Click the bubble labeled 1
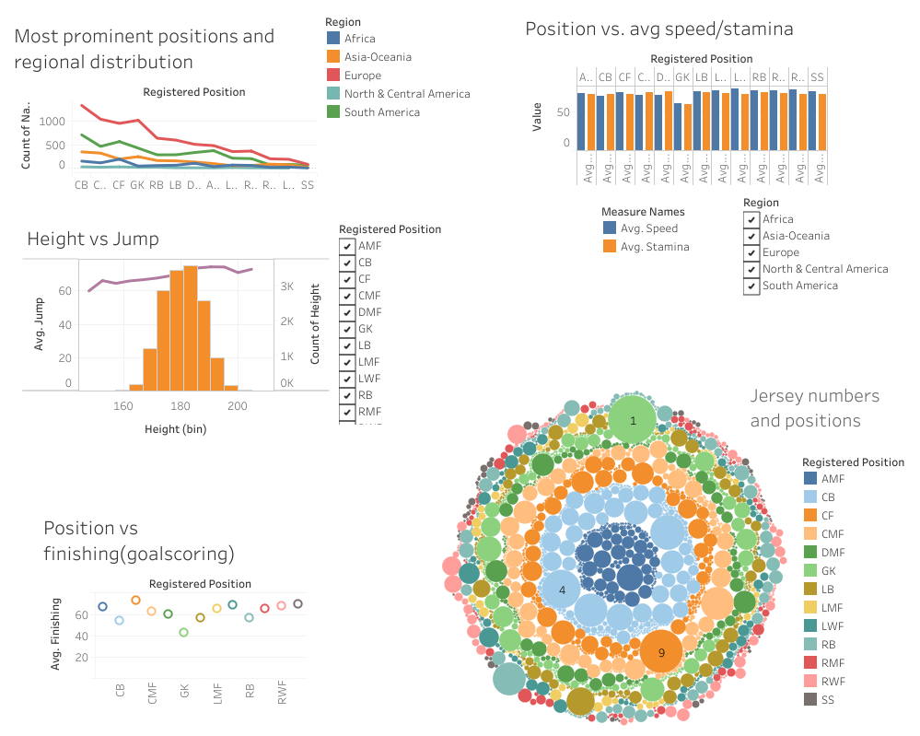[633, 421]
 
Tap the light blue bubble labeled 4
[562, 590]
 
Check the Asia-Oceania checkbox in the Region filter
[751, 236]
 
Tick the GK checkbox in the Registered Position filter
[346, 329]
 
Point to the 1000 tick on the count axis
[52, 122]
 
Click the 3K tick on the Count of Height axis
[287, 287]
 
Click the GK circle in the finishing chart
[183, 632]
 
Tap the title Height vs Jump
[93, 239]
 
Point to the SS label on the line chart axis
[307, 184]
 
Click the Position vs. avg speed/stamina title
[658, 29]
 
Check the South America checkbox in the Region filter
[751, 286]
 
